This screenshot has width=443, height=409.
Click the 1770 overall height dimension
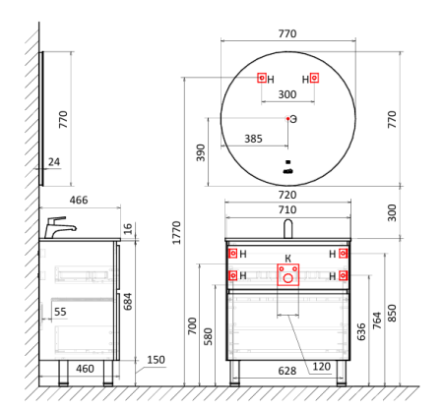176,233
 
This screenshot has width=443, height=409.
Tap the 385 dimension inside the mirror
253,139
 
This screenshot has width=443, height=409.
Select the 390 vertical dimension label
201,152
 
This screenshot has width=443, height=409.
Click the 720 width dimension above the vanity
287,195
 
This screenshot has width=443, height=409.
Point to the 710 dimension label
287,209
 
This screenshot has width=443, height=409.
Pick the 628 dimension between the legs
287,371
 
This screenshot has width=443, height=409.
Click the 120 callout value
322,366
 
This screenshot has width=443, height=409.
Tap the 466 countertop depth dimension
79,200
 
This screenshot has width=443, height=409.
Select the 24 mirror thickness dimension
54,162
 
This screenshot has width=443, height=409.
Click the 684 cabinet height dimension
127,302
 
